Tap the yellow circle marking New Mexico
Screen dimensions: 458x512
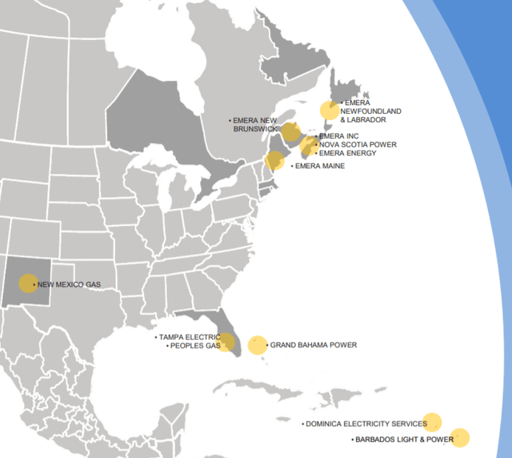tap(28, 283)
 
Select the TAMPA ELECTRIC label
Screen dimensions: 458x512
tap(189, 337)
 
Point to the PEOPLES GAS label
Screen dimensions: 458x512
tap(194, 346)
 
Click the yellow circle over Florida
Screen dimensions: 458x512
tap(226, 342)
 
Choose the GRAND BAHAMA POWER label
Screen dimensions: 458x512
tap(313, 345)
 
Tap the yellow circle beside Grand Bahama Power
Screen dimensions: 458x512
tap(257, 345)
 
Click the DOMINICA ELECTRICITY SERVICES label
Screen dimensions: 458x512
tap(364, 424)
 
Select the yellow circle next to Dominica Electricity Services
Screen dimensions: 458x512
tap(432, 421)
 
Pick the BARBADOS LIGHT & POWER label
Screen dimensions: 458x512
tap(402, 440)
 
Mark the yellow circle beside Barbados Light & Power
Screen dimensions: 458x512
tap(460, 437)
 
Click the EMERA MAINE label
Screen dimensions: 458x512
tap(320, 166)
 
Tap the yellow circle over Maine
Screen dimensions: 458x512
tap(274, 161)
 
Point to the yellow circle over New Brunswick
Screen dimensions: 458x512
tap(291, 131)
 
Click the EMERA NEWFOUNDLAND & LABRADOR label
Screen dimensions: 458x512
tap(370, 111)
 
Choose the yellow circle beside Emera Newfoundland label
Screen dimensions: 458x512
tap(329, 110)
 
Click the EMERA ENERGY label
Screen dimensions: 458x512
tap(347, 153)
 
